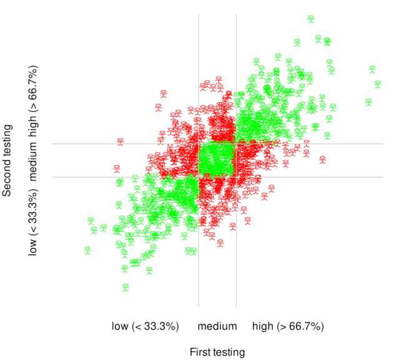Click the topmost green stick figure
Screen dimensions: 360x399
tap(310, 19)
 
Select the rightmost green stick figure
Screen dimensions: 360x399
tap(378, 84)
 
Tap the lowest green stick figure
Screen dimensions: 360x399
tap(126, 287)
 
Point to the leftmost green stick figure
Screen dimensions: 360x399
tap(87, 251)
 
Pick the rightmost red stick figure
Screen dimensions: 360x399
tap(323, 159)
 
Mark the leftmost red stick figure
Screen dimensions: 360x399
tap(116, 168)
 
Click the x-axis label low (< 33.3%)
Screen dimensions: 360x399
tap(146, 326)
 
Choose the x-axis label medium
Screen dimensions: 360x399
tap(217, 326)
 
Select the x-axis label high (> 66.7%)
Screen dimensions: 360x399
tap(288, 326)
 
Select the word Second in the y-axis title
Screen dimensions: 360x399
tap(7, 178)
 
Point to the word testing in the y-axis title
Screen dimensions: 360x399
tap(7, 141)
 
